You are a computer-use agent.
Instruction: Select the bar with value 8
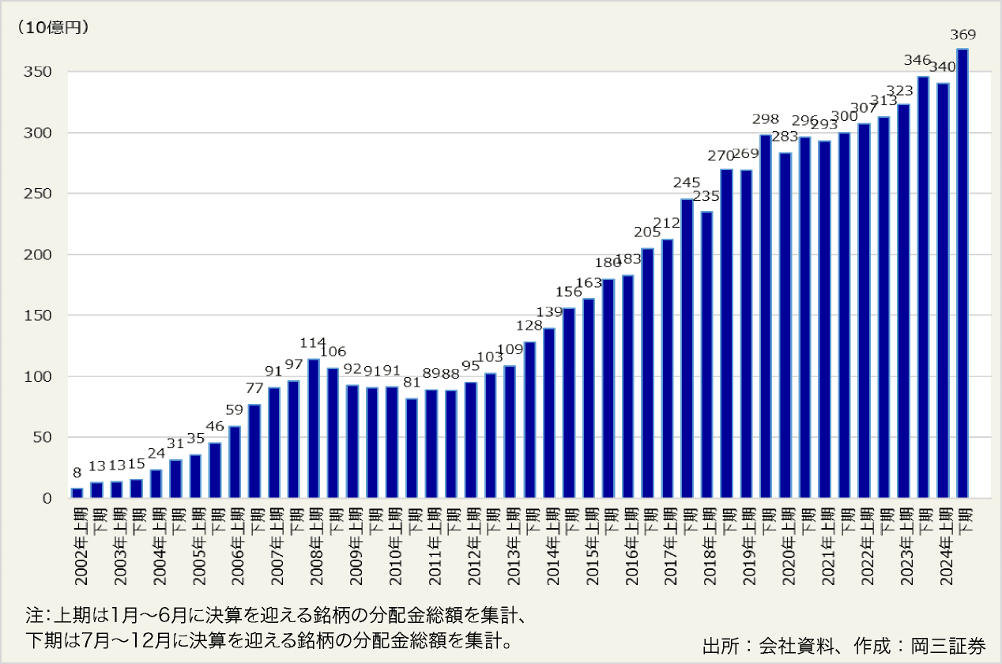(77, 493)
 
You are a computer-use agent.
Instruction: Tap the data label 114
(313, 342)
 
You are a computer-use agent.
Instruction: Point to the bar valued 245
(687, 349)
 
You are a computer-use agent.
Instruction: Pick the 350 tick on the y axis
(40, 72)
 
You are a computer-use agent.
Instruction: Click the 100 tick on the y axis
(40, 377)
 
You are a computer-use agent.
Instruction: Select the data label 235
(706, 195)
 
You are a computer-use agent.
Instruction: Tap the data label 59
(234, 409)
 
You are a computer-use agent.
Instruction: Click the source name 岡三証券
(959, 645)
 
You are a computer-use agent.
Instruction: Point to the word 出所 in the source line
(717, 645)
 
